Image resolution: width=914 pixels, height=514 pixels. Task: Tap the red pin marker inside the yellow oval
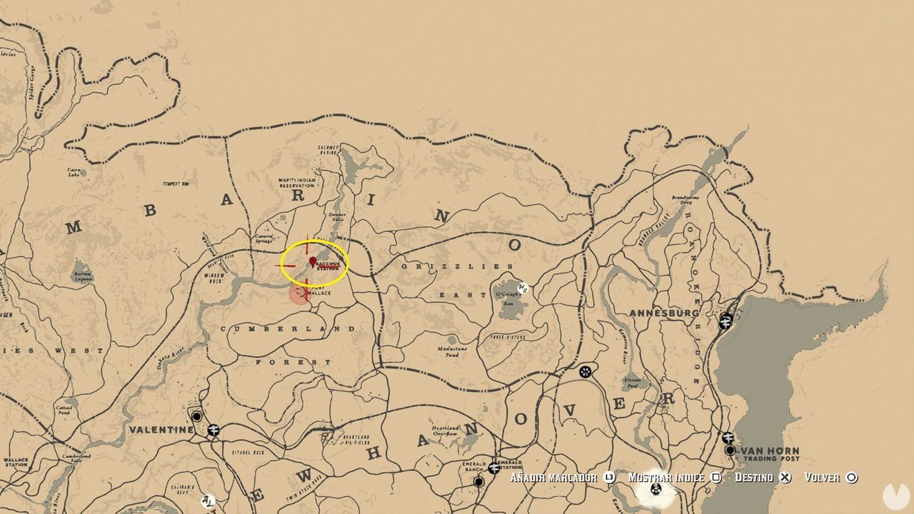point(313,261)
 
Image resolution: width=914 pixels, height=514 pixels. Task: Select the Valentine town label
point(161,430)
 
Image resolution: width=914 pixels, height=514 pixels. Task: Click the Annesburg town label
point(664,313)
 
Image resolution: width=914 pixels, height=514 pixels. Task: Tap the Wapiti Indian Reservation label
point(296,183)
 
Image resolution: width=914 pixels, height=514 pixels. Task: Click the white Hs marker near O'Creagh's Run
point(523,288)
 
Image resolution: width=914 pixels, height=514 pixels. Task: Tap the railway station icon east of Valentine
point(213,430)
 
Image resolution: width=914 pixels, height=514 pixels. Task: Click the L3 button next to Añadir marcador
point(609,477)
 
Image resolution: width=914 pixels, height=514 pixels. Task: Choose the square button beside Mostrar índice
point(717,477)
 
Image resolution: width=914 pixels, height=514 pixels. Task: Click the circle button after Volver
point(851,477)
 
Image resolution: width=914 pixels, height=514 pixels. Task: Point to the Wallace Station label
point(16,462)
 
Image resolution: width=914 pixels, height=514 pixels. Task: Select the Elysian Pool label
point(632,381)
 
